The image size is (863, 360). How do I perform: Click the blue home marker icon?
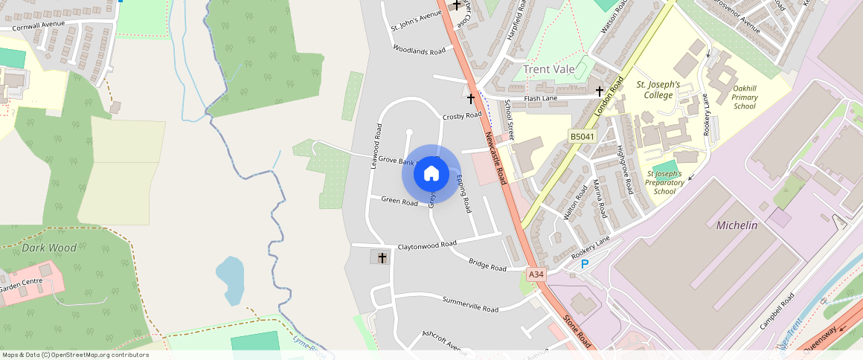(x=431, y=174)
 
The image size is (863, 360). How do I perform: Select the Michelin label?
(x=737, y=225)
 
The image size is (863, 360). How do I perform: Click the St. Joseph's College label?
(x=658, y=90)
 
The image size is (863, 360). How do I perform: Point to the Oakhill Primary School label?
(x=744, y=97)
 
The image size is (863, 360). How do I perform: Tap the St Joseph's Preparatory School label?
(x=664, y=183)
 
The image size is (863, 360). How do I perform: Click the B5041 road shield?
(x=583, y=137)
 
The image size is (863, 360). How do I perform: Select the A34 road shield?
(x=536, y=274)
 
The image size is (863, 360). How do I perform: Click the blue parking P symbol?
(x=585, y=264)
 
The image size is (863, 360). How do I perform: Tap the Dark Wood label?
(x=49, y=248)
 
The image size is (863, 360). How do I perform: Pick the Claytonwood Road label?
(x=427, y=245)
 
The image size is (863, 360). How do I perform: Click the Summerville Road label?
(x=470, y=304)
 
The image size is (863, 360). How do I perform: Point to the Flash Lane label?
(x=541, y=98)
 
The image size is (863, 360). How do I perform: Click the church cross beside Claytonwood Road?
(x=382, y=258)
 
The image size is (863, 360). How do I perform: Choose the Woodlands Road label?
(x=419, y=51)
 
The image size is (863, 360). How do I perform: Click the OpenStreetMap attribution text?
(x=74, y=355)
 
